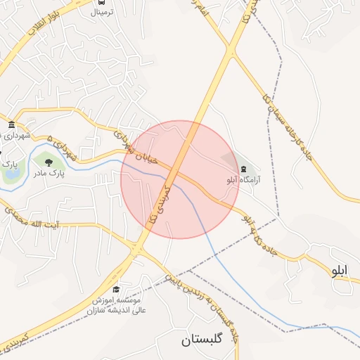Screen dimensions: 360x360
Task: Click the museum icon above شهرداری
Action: click(x=11, y=125)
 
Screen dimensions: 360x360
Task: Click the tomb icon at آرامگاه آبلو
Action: click(x=243, y=169)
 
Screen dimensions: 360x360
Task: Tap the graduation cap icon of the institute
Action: click(x=115, y=290)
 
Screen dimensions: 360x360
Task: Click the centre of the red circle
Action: click(x=180, y=179)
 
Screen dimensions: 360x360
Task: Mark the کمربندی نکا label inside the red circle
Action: click(x=159, y=205)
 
